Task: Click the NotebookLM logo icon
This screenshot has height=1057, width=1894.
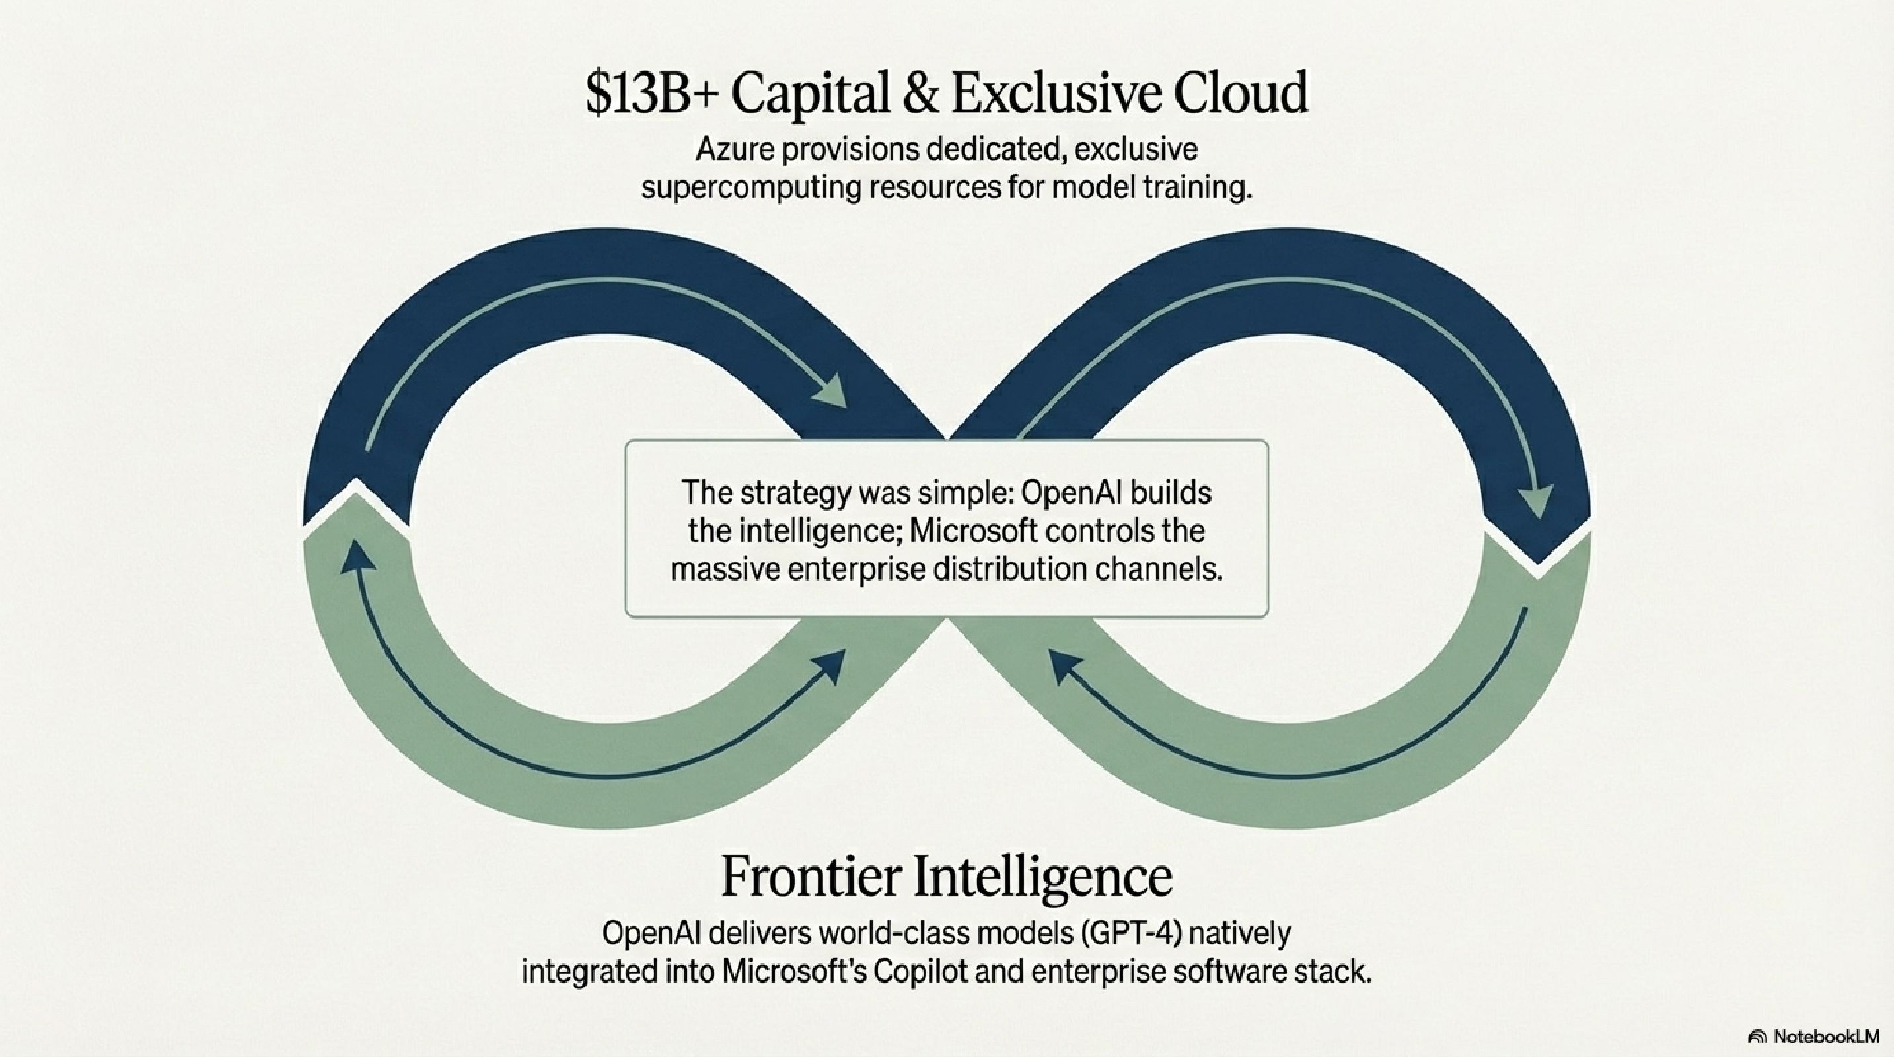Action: coord(1757,1037)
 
